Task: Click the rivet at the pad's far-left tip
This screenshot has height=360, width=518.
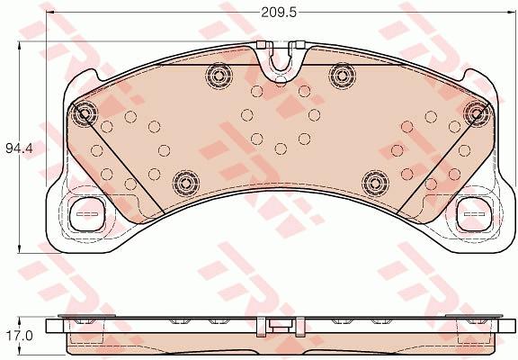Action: pyautogui.click(x=87, y=113)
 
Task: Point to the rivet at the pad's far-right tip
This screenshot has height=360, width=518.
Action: pyautogui.click(x=476, y=111)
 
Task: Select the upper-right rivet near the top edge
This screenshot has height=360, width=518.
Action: pyautogui.click(x=340, y=73)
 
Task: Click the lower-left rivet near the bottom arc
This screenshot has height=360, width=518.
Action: pyautogui.click(x=184, y=182)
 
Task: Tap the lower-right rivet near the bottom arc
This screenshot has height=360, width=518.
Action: pyautogui.click(x=372, y=182)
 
